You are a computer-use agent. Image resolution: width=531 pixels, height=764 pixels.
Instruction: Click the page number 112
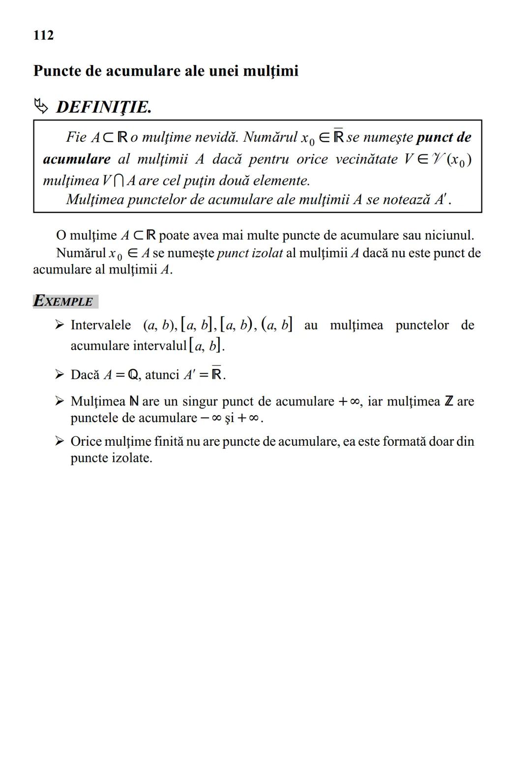pyautogui.click(x=43, y=35)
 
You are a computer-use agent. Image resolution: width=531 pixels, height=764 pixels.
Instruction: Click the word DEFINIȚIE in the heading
pyautogui.click(x=103, y=107)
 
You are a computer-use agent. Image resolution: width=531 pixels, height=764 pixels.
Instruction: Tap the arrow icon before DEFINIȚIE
pyautogui.click(x=41, y=106)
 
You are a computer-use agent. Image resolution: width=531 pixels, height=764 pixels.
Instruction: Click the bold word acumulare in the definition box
pyautogui.click(x=77, y=159)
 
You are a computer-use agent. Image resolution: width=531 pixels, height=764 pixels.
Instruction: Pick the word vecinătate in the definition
pyautogui.click(x=366, y=159)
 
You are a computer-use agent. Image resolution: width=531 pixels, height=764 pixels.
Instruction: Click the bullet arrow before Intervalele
pyautogui.click(x=59, y=325)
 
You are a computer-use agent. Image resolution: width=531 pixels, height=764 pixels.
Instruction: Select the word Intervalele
pyautogui.click(x=101, y=325)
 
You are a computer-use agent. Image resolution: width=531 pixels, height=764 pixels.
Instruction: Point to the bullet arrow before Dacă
pyautogui.click(x=59, y=374)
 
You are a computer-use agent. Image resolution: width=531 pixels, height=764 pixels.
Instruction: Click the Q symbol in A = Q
pyautogui.click(x=133, y=375)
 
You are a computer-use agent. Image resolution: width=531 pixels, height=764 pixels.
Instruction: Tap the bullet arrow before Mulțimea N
pyautogui.click(x=59, y=401)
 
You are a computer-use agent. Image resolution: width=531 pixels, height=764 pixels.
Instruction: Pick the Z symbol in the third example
pyautogui.click(x=448, y=401)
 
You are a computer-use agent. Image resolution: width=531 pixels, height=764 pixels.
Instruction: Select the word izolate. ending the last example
pyautogui.click(x=132, y=458)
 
